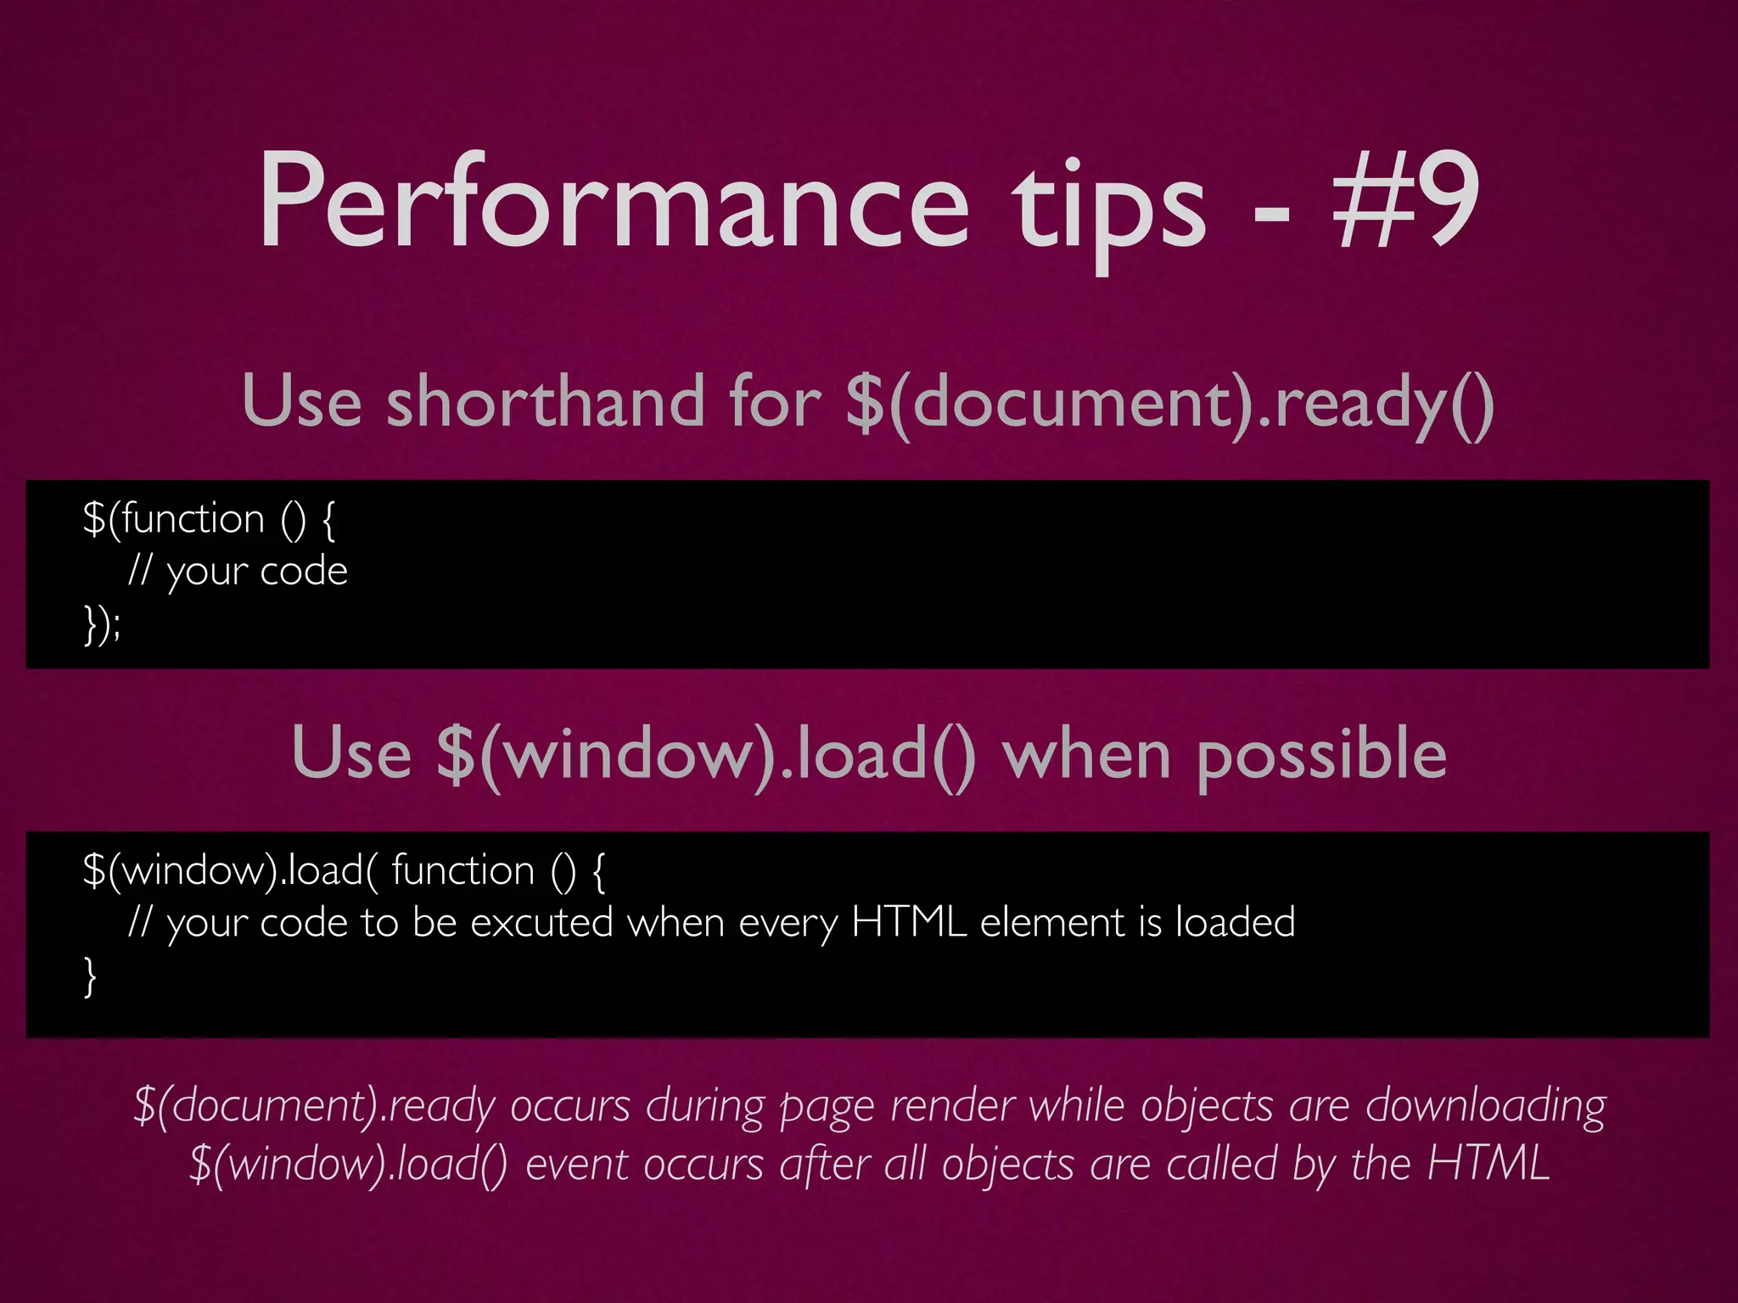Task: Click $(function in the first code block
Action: (174, 518)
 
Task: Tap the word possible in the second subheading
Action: (1320, 754)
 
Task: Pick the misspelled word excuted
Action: (541, 922)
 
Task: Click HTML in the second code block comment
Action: (909, 922)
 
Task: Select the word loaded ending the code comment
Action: (1235, 922)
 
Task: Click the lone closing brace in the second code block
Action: (90, 976)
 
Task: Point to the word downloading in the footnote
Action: (1485, 1106)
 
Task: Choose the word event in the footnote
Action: (577, 1164)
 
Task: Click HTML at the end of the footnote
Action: (1489, 1164)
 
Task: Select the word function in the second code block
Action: (463, 870)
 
